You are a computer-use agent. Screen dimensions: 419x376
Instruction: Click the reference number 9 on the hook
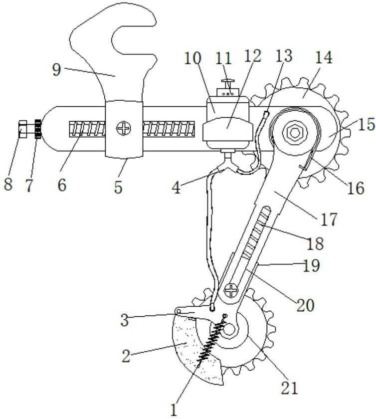(56, 70)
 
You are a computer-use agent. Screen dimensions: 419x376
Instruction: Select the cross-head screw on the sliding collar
(123, 129)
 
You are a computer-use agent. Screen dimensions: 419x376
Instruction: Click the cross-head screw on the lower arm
(231, 289)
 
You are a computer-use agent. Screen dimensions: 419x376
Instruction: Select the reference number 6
(61, 186)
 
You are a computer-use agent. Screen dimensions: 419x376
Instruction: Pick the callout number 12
(252, 56)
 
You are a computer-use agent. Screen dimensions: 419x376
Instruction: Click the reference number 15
(366, 124)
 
